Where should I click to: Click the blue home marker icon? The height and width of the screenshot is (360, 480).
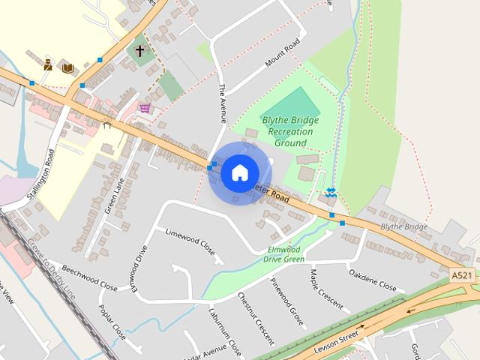(239, 172)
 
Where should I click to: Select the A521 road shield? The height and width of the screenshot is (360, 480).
(462, 276)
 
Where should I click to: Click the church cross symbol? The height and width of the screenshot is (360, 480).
(139, 52)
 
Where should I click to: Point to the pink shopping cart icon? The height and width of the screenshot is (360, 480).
(144, 109)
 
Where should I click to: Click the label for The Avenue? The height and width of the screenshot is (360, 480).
(222, 103)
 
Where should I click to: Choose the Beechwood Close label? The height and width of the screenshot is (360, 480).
(90, 277)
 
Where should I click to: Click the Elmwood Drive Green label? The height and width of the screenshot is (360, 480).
(283, 253)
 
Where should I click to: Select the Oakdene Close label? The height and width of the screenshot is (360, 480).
(372, 280)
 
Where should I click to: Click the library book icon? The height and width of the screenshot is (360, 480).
(67, 67)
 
